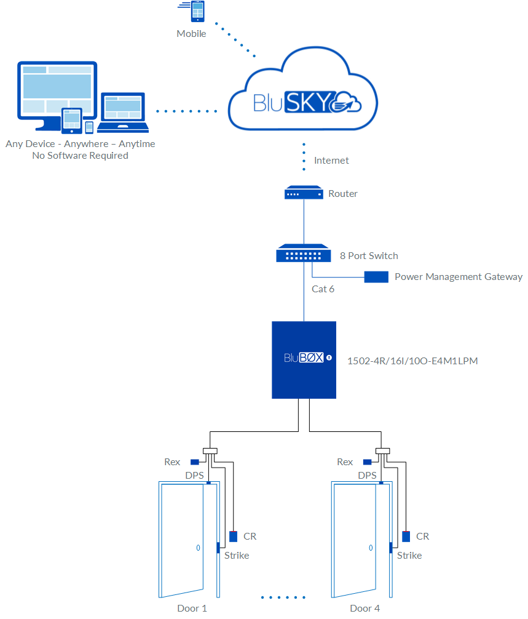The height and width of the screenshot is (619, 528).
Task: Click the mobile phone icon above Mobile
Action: [x=197, y=12]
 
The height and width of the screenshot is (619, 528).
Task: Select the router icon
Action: [x=304, y=193]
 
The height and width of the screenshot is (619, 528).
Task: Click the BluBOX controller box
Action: [x=304, y=359]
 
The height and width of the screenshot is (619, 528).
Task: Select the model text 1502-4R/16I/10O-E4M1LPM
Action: [x=412, y=361]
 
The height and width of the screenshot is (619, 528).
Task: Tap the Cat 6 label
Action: [x=323, y=289]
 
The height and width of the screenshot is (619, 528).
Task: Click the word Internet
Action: [x=331, y=161]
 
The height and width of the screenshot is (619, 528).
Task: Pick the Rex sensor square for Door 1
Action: [x=194, y=462]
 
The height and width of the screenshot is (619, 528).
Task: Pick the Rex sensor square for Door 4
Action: [x=368, y=462]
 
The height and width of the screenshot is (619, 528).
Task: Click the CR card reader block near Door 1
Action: [x=233, y=536]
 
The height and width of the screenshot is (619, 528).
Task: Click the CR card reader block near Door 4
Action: [x=406, y=536]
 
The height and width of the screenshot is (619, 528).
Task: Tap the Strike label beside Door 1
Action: [x=237, y=555]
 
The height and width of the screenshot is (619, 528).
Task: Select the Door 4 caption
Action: [x=365, y=608]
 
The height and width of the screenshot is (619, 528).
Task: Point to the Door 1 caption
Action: [x=192, y=608]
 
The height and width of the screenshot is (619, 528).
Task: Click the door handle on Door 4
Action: [x=370, y=547]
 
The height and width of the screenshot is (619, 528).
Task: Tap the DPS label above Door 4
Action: [x=367, y=476]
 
